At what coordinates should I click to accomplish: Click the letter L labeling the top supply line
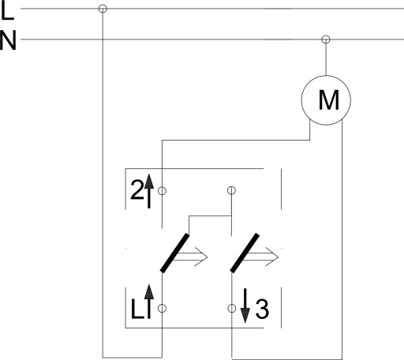pyautogui.click(x=7, y=11)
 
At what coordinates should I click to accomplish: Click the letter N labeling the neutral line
pyautogui.click(x=8, y=40)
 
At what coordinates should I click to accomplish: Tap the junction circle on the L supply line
pyautogui.click(x=103, y=9)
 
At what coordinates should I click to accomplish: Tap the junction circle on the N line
pyautogui.click(x=326, y=39)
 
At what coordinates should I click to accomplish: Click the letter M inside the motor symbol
pyautogui.click(x=329, y=100)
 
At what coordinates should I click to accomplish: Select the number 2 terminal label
pyautogui.click(x=137, y=189)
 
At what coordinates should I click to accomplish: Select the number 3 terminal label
pyautogui.click(x=262, y=309)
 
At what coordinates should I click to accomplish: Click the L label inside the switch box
pyautogui.click(x=137, y=309)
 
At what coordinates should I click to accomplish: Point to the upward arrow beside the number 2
pyautogui.click(x=149, y=191)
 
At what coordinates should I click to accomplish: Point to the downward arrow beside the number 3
pyautogui.click(x=245, y=306)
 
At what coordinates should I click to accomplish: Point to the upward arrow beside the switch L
pyautogui.click(x=149, y=302)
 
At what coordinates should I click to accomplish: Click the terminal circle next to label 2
pyautogui.click(x=162, y=191)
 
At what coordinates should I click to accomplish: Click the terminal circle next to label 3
pyautogui.click(x=232, y=309)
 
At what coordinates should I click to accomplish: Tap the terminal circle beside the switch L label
pyautogui.click(x=162, y=309)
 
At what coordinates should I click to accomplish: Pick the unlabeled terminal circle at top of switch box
pyautogui.click(x=231, y=190)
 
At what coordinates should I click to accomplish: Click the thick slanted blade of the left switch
pyautogui.click(x=175, y=253)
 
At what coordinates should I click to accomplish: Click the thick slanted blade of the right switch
pyautogui.click(x=245, y=253)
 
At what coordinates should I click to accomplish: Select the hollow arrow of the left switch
pyautogui.click(x=191, y=257)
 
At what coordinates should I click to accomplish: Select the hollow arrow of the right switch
pyautogui.click(x=262, y=257)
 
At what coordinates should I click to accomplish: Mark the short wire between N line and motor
pyautogui.click(x=326, y=59)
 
